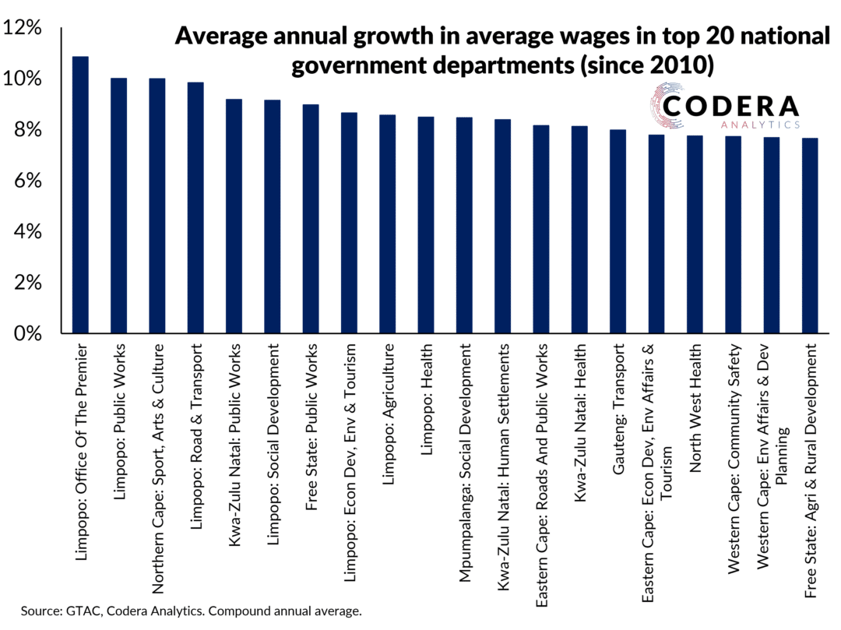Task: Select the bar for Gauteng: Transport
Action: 618,231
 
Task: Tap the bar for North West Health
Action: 694,234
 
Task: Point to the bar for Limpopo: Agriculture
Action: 387,224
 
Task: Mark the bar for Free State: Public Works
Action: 311,219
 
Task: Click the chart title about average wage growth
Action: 502,50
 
